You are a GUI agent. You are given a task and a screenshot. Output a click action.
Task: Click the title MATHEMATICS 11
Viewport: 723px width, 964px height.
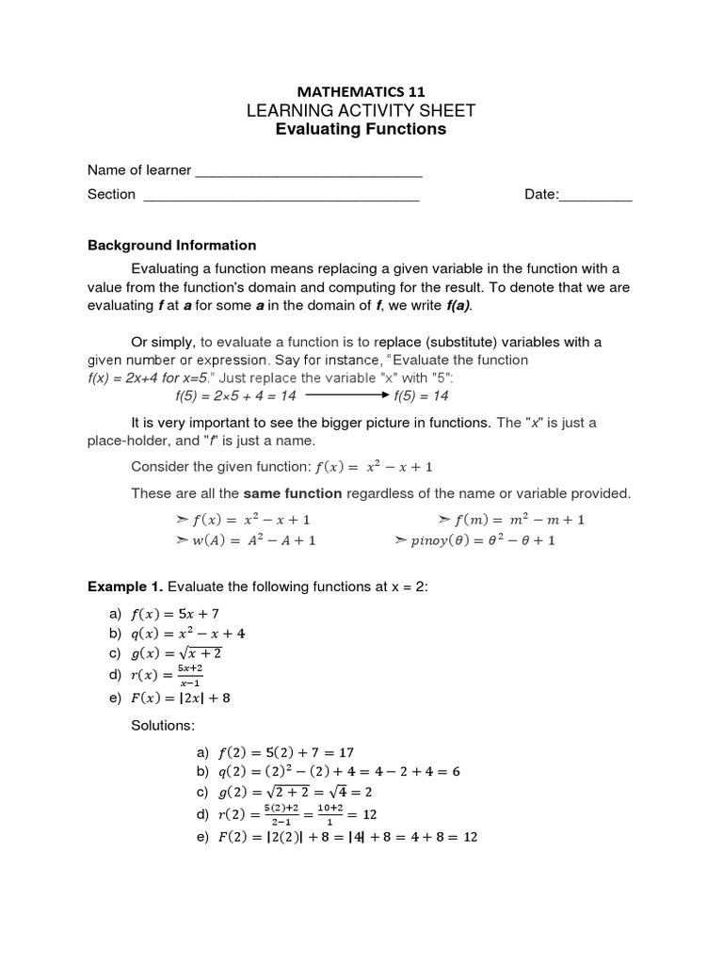[x=361, y=91]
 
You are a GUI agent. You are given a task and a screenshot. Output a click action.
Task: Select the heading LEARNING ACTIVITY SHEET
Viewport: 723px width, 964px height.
[x=361, y=111]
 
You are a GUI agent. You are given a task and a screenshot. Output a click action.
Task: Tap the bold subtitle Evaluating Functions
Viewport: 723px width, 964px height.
[x=361, y=129]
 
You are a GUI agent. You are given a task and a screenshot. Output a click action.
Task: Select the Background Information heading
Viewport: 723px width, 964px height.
[x=171, y=245]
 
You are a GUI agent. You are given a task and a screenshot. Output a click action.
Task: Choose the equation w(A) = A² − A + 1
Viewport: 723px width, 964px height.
[x=247, y=540]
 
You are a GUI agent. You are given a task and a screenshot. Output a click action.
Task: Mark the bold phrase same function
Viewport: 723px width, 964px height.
[x=293, y=493]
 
